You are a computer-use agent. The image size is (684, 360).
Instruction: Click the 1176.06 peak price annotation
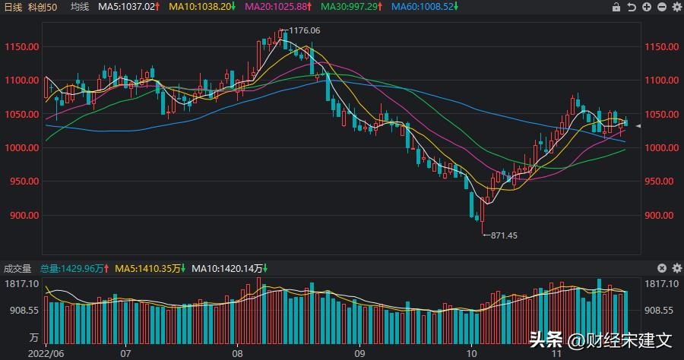[304, 31]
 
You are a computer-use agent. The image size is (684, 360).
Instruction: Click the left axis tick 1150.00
[21, 47]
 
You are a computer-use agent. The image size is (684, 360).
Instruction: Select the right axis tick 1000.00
[660, 148]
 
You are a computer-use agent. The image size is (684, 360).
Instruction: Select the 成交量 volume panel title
[17, 268]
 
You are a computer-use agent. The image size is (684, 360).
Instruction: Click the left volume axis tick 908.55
[23, 311]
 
